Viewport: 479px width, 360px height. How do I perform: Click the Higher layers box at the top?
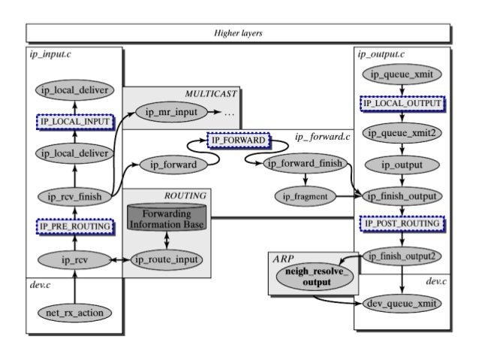coord(239,33)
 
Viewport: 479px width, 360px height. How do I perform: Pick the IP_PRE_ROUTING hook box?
coord(74,225)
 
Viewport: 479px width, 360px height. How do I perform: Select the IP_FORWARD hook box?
coord(238,141)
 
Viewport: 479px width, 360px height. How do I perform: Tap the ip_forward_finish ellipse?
coord(305,164)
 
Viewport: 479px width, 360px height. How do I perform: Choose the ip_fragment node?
coord(305,197)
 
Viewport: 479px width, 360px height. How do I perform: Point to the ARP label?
coord(283,258)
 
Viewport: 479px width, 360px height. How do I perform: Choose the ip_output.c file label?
coord(381,54)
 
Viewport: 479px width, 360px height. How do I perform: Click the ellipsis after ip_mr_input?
coord(229,114)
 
